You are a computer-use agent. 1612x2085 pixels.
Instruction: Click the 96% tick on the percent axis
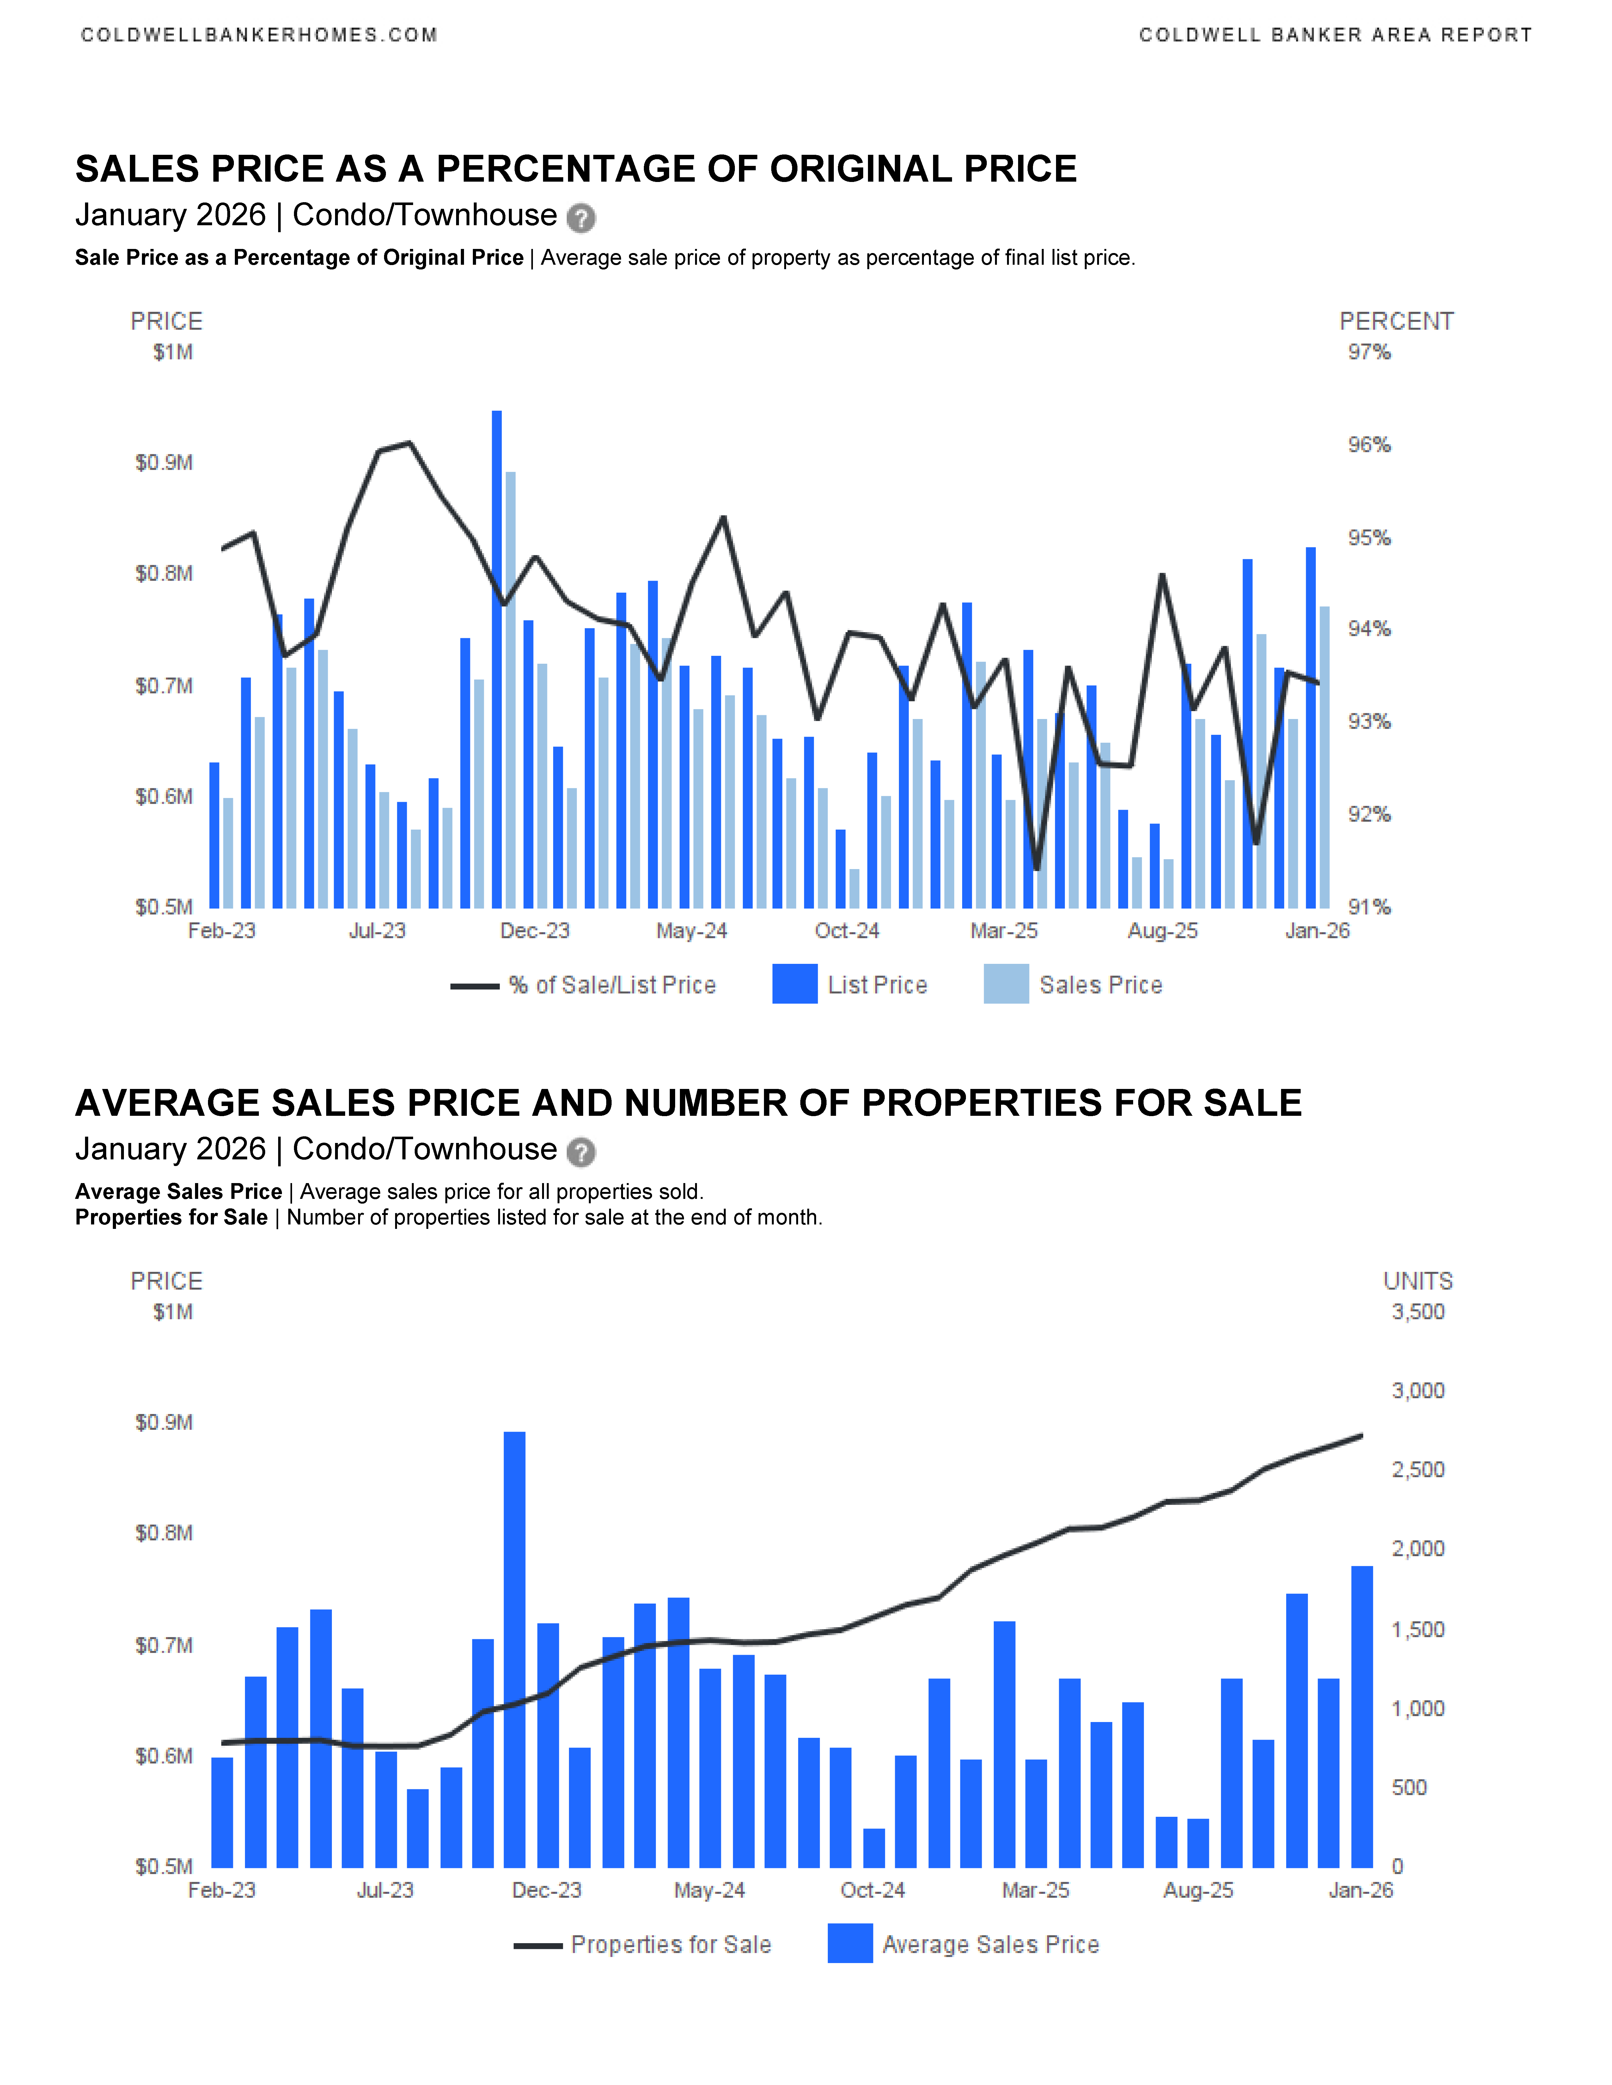1369,445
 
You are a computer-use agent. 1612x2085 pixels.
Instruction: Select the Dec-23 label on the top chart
535,931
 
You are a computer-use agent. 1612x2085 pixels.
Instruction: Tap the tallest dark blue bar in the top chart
497,659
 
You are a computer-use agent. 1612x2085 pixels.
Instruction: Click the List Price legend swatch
795,984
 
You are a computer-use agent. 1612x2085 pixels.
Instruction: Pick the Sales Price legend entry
1100,985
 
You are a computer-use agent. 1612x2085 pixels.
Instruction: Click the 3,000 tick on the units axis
1417,1391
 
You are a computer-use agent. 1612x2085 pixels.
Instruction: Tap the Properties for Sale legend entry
670,1945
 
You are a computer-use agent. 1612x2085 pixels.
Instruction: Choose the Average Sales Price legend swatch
850,1944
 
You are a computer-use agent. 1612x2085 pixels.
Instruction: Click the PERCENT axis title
1396,322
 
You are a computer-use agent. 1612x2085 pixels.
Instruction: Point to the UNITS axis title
1418,1281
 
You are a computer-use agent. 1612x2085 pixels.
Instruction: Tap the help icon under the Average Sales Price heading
581,1152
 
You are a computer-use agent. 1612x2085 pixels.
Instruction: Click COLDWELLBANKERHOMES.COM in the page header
259,35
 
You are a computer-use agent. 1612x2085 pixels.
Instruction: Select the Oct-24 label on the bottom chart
872,1890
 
